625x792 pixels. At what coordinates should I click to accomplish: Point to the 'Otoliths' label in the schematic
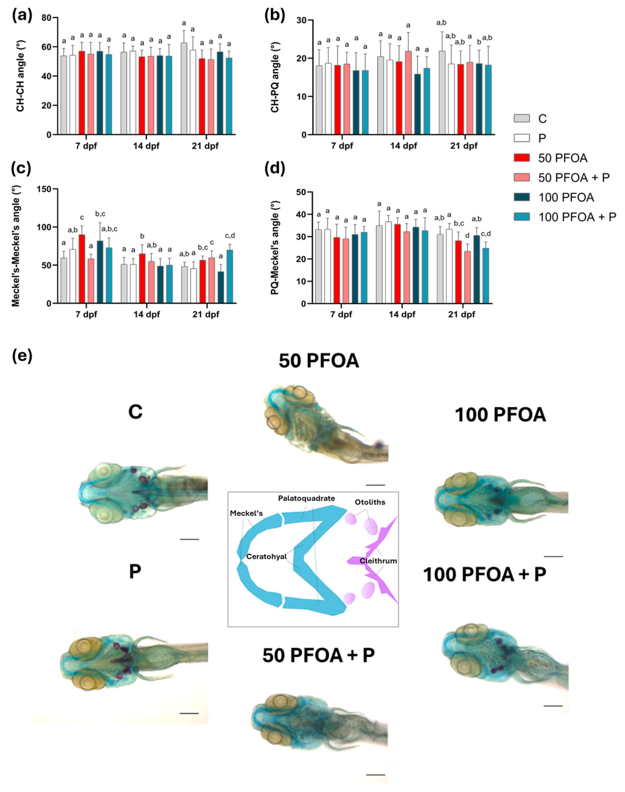click(x=370, y=502)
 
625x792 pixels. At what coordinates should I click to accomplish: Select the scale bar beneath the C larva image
click(x=189, y=539)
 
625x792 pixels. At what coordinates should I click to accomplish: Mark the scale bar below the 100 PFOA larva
click(x=553, y=556)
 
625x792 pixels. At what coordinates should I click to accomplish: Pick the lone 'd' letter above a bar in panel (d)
click(x=467, y=236)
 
